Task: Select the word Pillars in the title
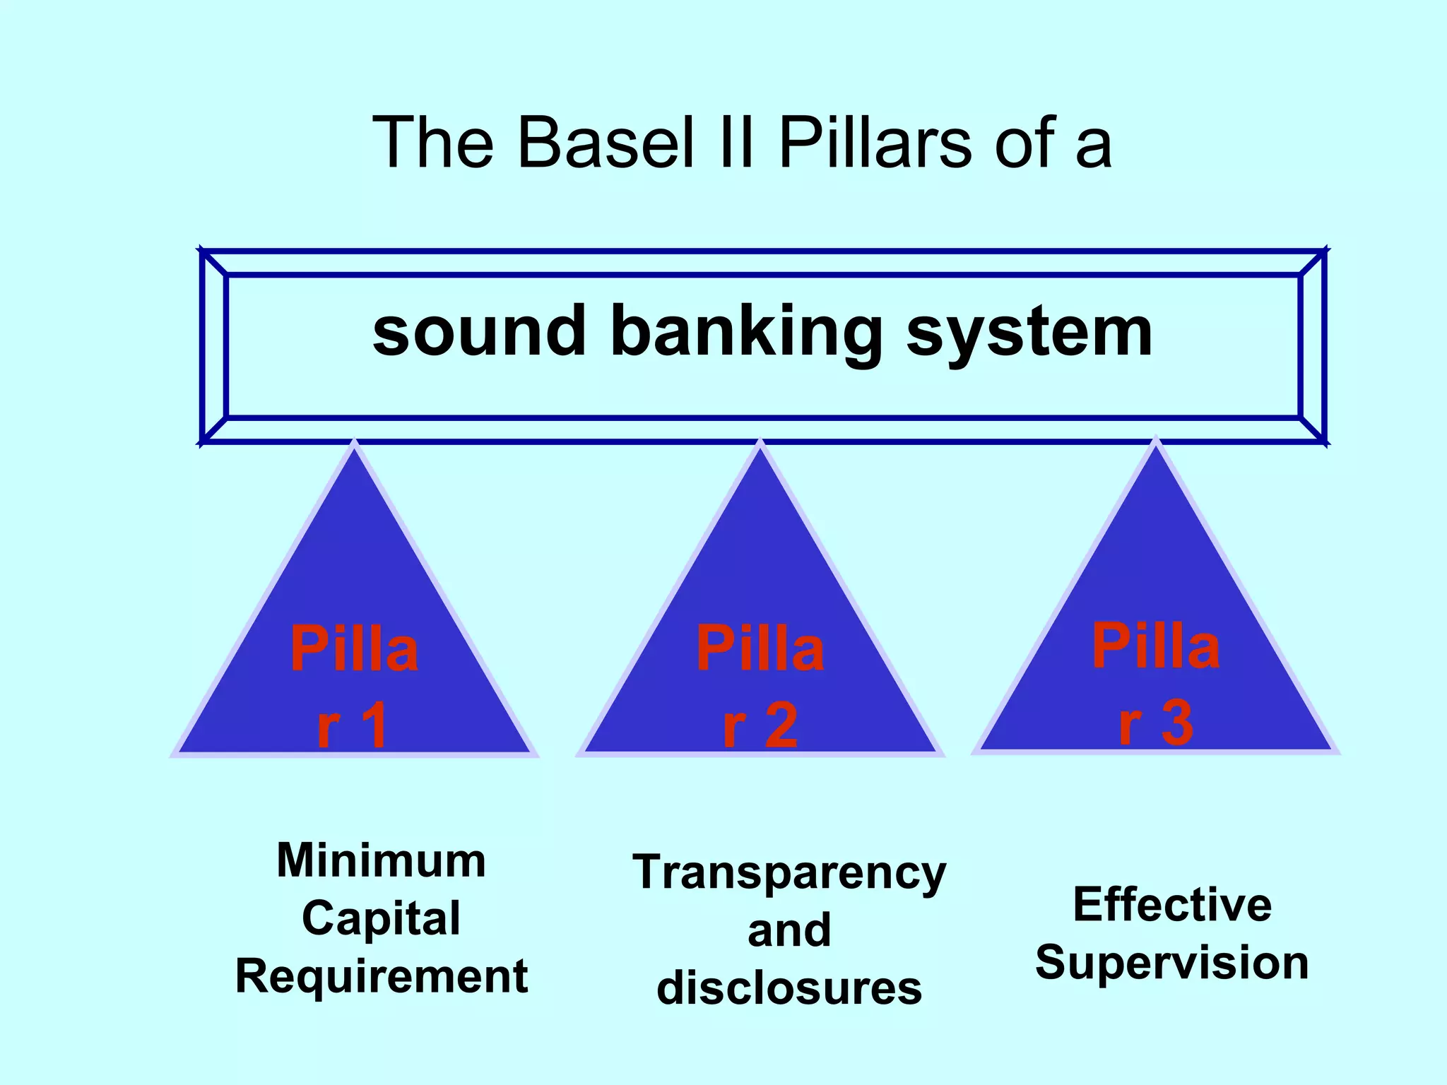[875, 143]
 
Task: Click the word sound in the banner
[479, 331]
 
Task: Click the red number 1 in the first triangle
[372, 725]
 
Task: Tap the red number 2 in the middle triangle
[780, 725]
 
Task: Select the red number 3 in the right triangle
[1176, 722]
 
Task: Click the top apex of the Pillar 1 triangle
[354, 445]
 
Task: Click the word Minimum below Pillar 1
[381, 860]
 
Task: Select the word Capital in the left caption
[381, 918]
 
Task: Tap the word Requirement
[381, 976]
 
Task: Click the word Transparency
[789, 873]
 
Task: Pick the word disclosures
[789, 988]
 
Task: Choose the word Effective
[1171, 904]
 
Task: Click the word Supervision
[1171, 962]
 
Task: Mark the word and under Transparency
[789, 930]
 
